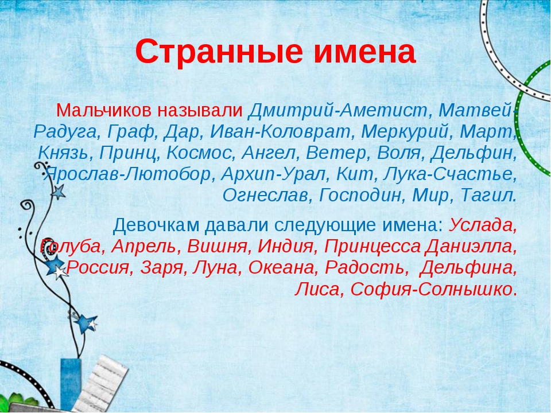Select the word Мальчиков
click(104, 111)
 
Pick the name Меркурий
click(408, 132)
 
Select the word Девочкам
click(156, 225)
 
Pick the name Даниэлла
click(471, 247)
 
